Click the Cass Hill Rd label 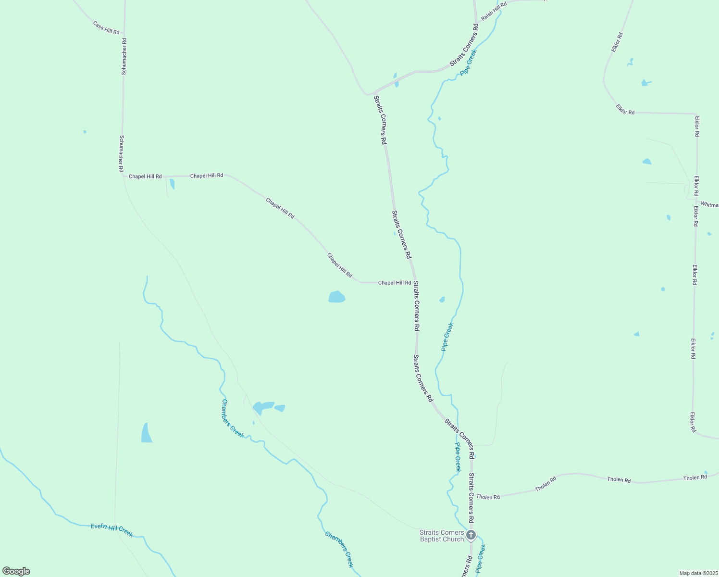click(x=106, y=28)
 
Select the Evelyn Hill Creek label click(x=112, y=530)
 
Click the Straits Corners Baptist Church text click(x=442, y=536)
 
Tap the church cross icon click(x=471, y=535)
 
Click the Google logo click(x=16, y=571)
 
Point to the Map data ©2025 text click(x=698, y=573)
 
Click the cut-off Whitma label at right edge click(x=709, y=205)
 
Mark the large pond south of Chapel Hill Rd click(x=336, y=297)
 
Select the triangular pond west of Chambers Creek click(x=146, y=434)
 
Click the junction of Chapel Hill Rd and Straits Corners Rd click(x=414, y=282)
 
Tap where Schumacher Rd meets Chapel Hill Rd click(x=123, y=176)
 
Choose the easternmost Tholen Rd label click(x=695, y=477)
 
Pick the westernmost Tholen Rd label click(x=488, y=497)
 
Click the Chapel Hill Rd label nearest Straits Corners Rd click(x=395, y=283)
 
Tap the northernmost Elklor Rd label click(x=617, y=42)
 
